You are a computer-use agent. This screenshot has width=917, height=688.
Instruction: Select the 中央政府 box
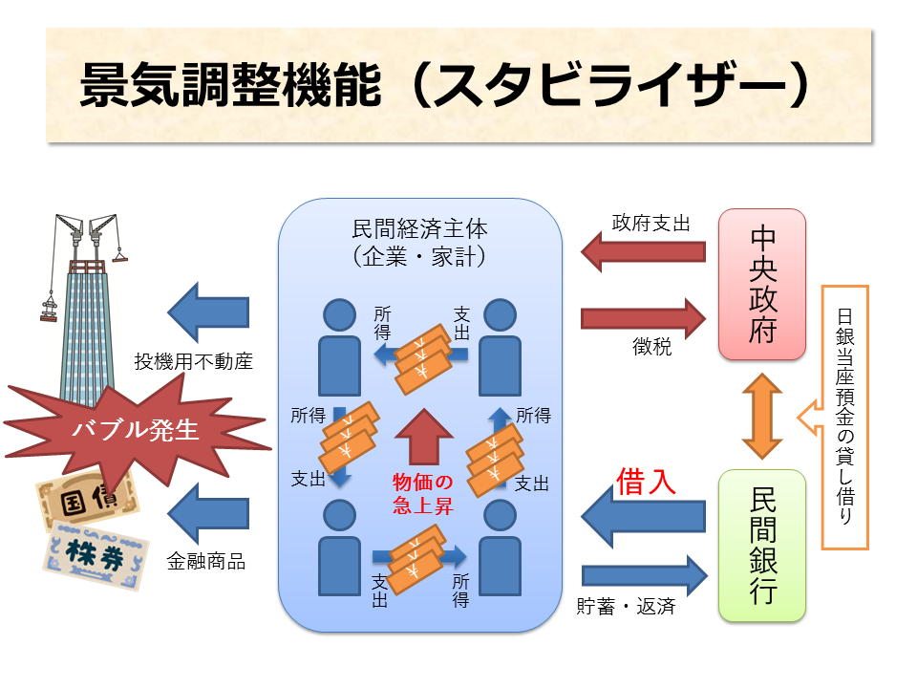(x=762, y=284)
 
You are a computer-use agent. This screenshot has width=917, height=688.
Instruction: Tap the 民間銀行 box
(x=762, y=546)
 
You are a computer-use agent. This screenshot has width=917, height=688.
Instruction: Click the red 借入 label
(x=647, y=481)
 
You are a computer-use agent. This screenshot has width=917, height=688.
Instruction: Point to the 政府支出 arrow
(x=643, y=251)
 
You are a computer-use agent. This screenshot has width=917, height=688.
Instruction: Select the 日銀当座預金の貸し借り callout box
(x=844, y=417)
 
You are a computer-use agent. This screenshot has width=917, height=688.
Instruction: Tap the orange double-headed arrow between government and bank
(x=762, y=415)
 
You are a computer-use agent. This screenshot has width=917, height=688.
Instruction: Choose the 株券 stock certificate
(x=95, y=555)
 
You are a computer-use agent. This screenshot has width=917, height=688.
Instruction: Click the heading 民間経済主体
(x=419, y=229)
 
